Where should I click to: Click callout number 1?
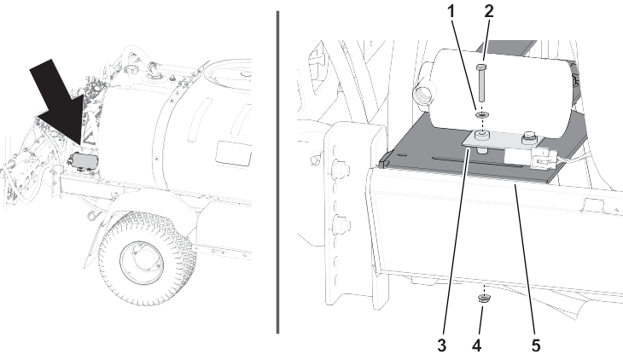451,12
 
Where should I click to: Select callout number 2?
489,11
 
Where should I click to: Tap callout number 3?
441,345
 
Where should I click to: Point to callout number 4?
477,345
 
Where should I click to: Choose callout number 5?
536,345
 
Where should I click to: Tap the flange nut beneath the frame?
484,298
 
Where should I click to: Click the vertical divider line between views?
277,172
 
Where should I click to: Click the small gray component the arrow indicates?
83,161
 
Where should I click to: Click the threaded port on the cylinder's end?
421,96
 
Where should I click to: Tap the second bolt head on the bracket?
530,136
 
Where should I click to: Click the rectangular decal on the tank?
234,154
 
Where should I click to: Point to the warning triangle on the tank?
88,139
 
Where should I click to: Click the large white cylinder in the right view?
501,93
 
